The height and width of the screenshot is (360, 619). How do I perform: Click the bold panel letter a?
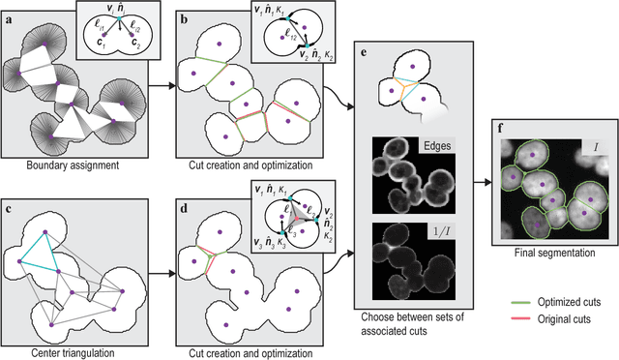tap(10, 11)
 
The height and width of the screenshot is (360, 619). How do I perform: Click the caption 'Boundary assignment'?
tap(74, 161)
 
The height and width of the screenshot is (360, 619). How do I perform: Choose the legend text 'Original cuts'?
tap(573, 315)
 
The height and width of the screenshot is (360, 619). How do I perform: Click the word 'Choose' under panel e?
tap(375, 316)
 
